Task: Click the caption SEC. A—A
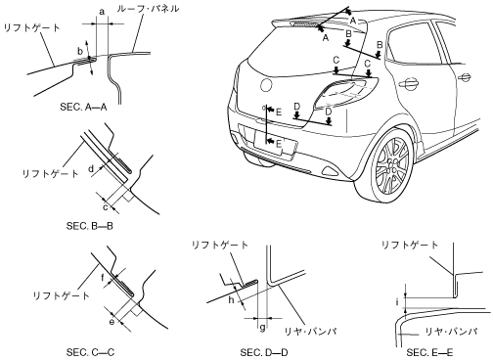83,107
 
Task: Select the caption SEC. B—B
90,226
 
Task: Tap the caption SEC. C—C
90,352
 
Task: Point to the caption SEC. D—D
264,352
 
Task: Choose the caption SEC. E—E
429,352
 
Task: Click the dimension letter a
102,13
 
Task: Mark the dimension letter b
80,51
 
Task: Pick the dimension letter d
91,168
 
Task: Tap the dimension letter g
262,328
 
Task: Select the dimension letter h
231,299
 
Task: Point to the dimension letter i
397,302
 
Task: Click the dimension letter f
103,278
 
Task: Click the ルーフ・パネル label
148,8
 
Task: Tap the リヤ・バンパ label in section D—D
311,332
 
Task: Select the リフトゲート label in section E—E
410,245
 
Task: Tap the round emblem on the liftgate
266,85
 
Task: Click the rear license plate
275,144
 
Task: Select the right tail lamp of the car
345,93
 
